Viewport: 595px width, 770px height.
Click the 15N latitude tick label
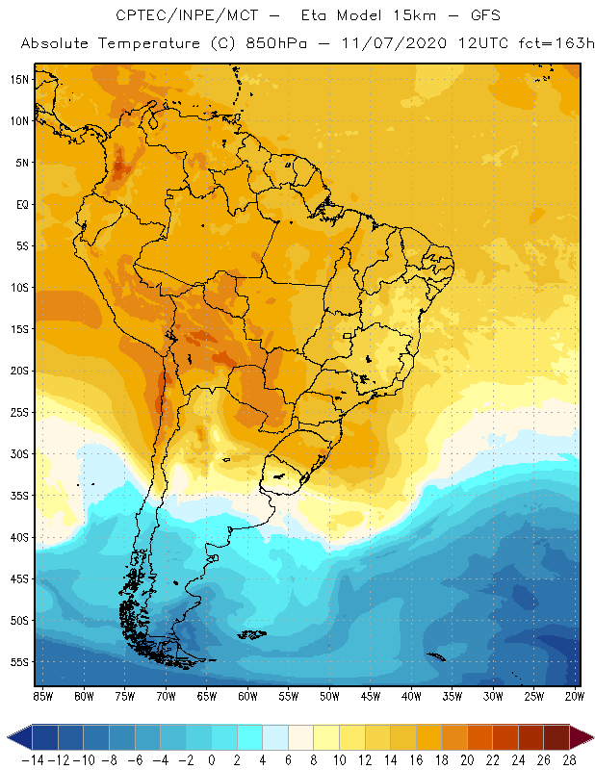[18, 79]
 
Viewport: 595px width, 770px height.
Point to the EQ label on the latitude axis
[20, 204]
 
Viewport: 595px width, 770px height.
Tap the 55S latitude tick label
[18, 662]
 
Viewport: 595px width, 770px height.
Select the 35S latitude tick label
[18, 496]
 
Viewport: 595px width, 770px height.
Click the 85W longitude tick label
[42, 695]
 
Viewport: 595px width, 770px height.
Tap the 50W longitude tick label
[329, 695]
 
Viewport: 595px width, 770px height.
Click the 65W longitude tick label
[207, 695]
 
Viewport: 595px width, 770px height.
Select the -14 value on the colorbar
[32, 758]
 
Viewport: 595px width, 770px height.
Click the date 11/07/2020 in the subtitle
[396, 44]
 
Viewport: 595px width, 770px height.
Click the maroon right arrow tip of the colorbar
[584, 737]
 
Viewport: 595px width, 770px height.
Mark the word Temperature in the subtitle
[145, 44]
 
